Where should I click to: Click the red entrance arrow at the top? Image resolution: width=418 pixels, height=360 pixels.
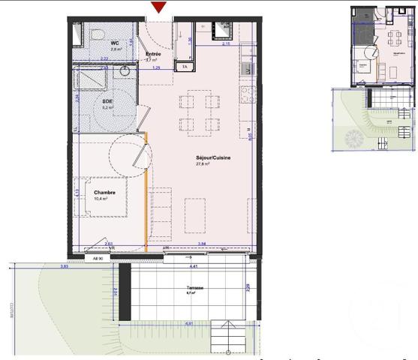click(x=158, y=7)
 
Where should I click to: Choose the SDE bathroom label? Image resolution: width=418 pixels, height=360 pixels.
click(x=107, y=100)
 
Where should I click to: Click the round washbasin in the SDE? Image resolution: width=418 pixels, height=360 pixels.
click(x=124, y=72)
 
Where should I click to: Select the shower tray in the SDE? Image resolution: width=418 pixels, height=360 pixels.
click(x=93, y=79)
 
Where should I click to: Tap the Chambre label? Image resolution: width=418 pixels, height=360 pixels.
click(x=105, y=193)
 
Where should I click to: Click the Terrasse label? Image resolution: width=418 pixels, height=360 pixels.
click(x=197, y=287)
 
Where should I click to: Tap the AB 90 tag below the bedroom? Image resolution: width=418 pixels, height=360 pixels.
click(x=98, y=258)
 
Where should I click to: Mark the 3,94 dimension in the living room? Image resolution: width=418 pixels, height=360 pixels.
click(x=201, y=244)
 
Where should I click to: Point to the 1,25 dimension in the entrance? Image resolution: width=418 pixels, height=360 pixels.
click(x=157, y=68)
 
